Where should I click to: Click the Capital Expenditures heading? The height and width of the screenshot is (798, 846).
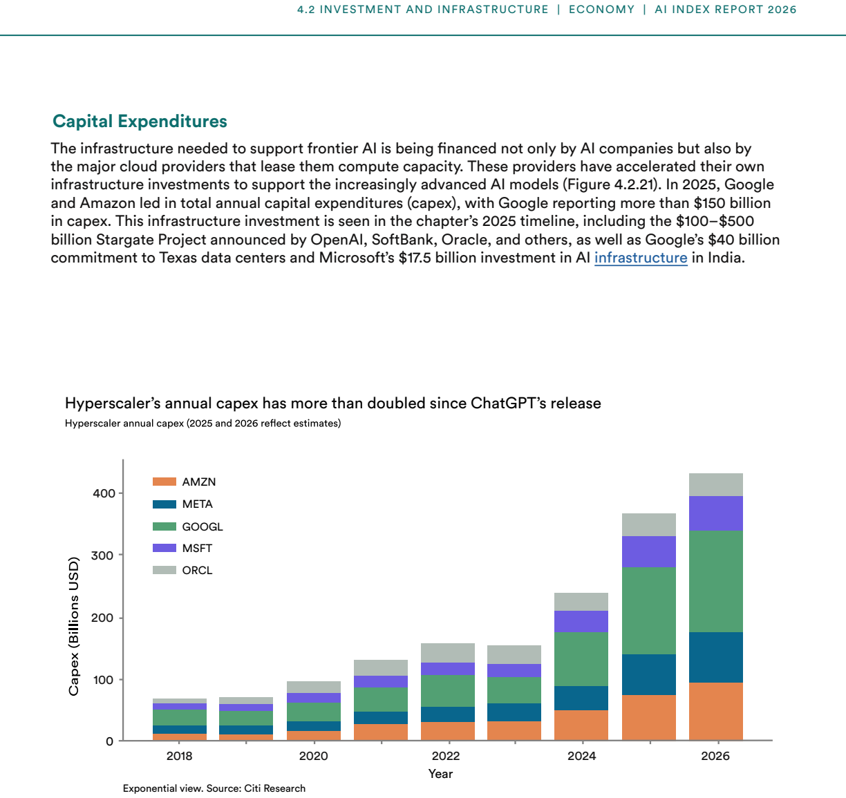point(140,122)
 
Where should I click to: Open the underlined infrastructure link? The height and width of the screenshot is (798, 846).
point(641,258)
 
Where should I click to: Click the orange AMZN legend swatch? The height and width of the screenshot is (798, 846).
point(164,482)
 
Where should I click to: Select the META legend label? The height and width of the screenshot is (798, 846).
point(197,504)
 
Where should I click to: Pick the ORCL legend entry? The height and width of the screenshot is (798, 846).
point(182,570)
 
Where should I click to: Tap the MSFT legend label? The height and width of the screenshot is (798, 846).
point(197,548)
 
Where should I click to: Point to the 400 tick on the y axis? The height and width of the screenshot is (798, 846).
point(104,493)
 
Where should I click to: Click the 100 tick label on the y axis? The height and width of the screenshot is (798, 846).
point(104,680)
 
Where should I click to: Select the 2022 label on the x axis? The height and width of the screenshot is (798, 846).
point(446,756)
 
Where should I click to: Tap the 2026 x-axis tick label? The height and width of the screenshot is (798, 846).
point(715,756)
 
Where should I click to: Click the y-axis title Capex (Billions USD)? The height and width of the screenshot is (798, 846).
point(74,627)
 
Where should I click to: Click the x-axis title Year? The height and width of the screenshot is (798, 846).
point(440,774)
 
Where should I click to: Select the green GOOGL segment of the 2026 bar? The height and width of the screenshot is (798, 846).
point(715,581)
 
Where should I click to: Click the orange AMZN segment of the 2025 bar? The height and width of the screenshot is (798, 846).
point(649,718)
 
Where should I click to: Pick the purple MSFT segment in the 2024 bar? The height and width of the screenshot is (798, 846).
point(581,621)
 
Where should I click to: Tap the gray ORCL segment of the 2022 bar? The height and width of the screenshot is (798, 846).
point(448,653)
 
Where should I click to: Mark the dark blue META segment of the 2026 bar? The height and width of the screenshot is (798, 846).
point(715,658)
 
